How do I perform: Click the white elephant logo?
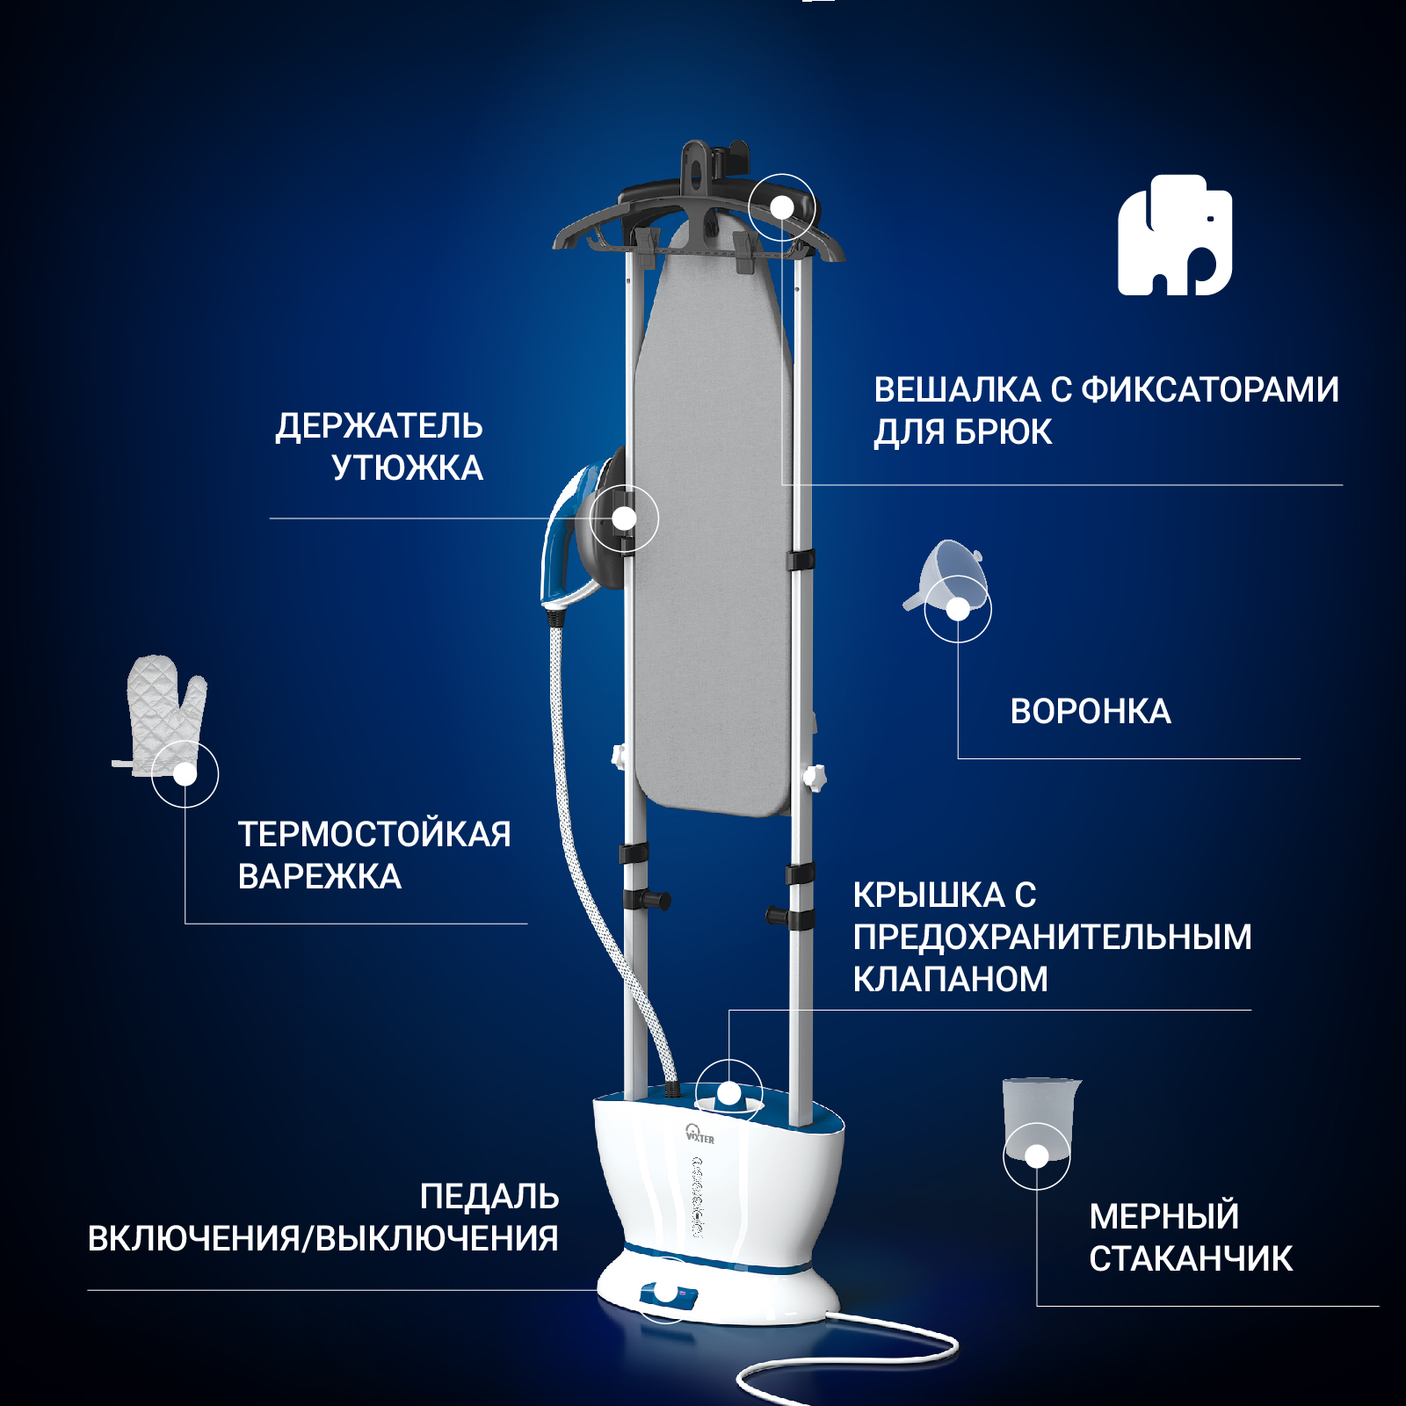coord(1174,236)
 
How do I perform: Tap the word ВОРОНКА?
coord(1090,712)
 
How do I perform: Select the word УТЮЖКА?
coord(407,468)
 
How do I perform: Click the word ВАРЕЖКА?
coord(319,877)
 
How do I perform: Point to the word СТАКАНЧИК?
coord(1190,1258)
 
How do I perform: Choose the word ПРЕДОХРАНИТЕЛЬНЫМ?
coord(1052,938)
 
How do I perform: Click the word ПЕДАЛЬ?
coord(489,1197)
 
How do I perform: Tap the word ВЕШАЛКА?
coord(945,390)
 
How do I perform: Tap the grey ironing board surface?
coord(714,527)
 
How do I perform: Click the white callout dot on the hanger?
coord(781,207)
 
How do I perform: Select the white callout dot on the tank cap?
coord(729,1094)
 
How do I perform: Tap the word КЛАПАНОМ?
coord(950,980)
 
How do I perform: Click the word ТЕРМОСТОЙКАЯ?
coord(374,835)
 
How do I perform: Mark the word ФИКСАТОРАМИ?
coord(1209,390)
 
